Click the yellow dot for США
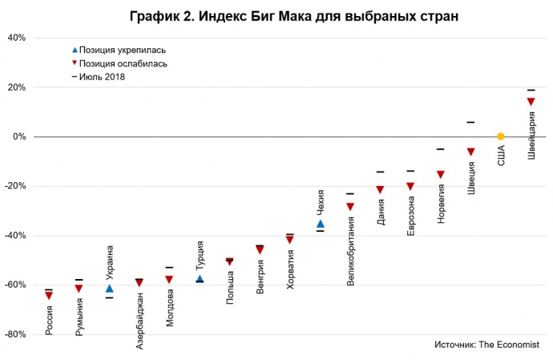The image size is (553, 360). pyautogui.click(x=500, y=136)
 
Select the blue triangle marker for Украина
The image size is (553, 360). pyautogui.click(x=109, y=288)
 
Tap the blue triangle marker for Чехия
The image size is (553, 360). pyautogui.click(x=321, y=224)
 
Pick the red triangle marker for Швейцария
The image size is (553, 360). pyautogui.click(x=531, y=101)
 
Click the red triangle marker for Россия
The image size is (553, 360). pyautogui.click(x=49, y=296)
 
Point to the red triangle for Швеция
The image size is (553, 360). pyautogui.click(x=470, y=152)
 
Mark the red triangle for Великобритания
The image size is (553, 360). pyautogui.click(x=350, y=206)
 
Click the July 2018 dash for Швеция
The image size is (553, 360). pyautogui.click(x=470, y=123)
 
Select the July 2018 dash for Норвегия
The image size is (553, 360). pyautogui.click(x=440, y=149)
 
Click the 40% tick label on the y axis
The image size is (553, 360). pyautogui.click(x=17, y=38)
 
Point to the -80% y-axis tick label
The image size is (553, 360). pyautogui.click(x=15, y=334)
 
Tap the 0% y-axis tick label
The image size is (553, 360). pyautogui.click(x=19, y=136)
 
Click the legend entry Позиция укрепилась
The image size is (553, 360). pyautogui.click(x=124, y=50)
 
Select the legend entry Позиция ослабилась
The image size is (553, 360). pyautogui.click(x=124, y=63)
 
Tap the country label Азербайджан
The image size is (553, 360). pyautogui.click(x=139, y=321)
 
